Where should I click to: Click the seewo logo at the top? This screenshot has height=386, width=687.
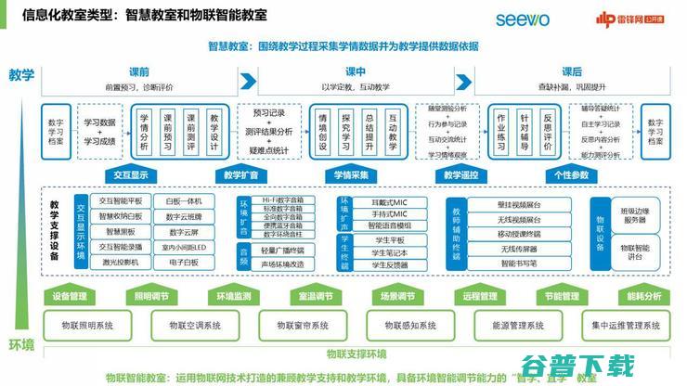[x=523, y=19]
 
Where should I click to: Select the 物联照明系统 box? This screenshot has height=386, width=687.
[x=93, y=326]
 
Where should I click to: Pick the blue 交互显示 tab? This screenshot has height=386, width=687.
[x=131, y=174]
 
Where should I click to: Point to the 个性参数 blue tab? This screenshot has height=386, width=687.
[x=570, y=174]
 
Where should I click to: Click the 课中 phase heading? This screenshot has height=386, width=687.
[x=356, y=71]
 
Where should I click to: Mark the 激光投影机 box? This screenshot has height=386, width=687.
[x=120, y=263]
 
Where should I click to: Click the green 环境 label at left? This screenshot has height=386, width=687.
[x=21, y=344]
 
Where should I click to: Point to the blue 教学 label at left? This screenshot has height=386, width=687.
[x=21, y=74]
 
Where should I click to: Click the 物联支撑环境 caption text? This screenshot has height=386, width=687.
[x=356, y=354]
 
